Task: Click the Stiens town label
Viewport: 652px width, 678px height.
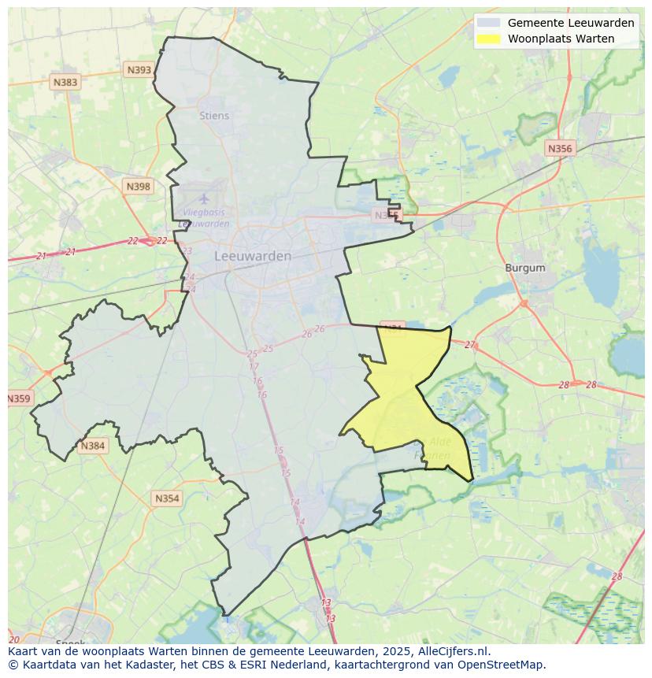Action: click(x=214, y=116)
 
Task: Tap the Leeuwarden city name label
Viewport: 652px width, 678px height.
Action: click(x=253, y=256)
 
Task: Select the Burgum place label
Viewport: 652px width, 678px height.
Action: click(x=525, y=268)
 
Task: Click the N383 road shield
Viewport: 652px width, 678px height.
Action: click(x=65, y=82)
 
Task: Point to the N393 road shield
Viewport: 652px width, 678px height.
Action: click(x=139, y=70)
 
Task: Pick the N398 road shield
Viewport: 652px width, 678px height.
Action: click(x=138, y=187)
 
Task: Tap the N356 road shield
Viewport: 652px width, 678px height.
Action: click(x=560, y=148)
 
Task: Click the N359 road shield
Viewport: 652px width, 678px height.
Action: click(x=19, y=398)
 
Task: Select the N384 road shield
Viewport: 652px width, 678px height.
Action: click(x=92, y=446)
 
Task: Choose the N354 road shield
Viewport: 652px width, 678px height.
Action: click(x=167, y=498)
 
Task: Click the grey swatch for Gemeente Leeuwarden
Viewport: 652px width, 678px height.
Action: click(x=489, y=23)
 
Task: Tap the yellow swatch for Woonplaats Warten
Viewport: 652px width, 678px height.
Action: click(x=489, y=39)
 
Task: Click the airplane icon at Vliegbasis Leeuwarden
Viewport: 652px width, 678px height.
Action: click(x=204, y=198)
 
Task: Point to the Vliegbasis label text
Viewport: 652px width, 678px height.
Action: click(x=204, y=213)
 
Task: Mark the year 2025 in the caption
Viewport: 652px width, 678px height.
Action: click(x=408, y=651)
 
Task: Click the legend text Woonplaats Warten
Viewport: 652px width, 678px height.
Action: click(x=561, y=39)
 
